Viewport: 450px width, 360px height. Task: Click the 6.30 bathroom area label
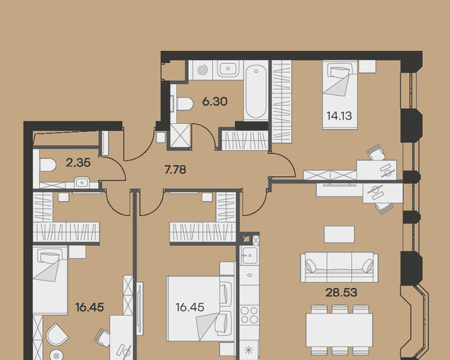[214, 101]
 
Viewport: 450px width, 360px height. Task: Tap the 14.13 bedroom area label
[339, 116]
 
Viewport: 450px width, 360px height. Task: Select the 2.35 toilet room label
[78, 163]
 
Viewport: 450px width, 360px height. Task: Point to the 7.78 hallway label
[175, 169]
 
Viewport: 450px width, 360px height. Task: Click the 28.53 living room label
[341, 292]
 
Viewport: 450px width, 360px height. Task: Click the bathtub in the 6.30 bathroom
[256, 91]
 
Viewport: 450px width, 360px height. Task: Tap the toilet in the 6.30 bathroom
[183, 103]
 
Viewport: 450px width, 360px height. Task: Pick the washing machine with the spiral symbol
[202, 70]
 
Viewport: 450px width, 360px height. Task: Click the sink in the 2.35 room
[82, 182]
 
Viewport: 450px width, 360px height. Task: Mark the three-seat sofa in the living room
[339, 268]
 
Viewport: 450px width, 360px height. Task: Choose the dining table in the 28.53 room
[339, 330]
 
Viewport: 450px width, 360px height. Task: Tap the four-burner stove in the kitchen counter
[250, 315]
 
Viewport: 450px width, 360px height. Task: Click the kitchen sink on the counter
[249, 255]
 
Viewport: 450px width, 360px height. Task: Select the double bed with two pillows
[200, 308]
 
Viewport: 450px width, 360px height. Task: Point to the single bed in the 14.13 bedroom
[340, 94]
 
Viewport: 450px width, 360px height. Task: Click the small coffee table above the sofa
[339, 234]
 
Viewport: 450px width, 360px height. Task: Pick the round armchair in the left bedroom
[57, 334]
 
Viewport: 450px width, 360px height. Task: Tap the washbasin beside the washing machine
[228, 69]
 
